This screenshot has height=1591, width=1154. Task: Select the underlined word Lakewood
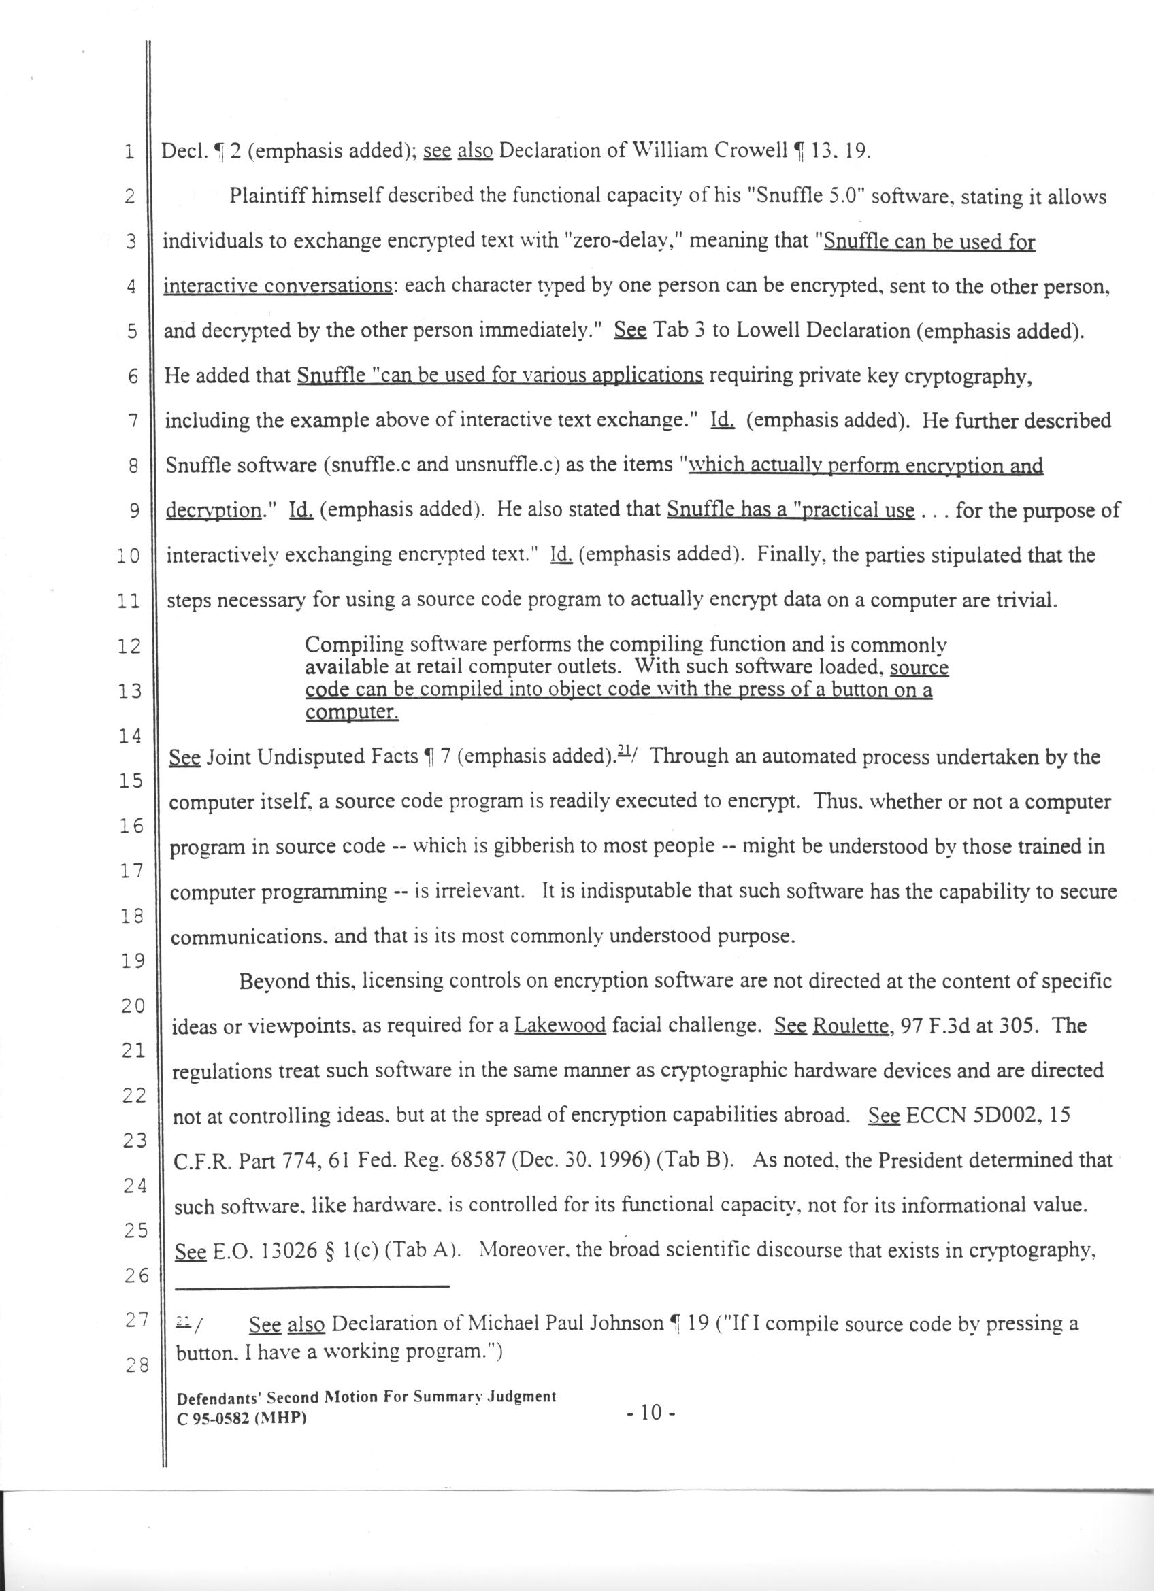[560, 1026]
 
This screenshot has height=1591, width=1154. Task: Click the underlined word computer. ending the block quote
[352, 713]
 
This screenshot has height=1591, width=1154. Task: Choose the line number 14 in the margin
[131, 737]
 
